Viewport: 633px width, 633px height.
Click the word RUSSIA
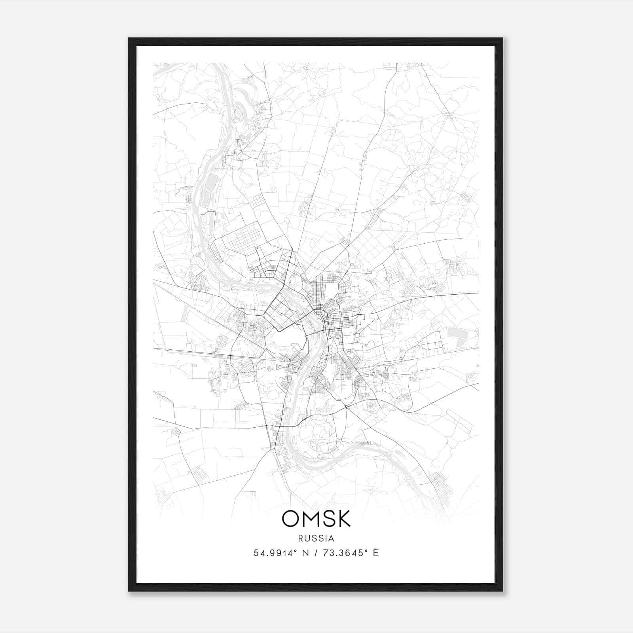[316, 538]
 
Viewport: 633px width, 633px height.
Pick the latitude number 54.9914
[272, 553]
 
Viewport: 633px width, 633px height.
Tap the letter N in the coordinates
[304, 553]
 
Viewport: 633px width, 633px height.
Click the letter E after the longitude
[376, 553]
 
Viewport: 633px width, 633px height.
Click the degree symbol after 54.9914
[295, 551]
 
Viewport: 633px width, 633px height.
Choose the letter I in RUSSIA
[326, 538]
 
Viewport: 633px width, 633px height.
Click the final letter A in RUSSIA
[332, 538]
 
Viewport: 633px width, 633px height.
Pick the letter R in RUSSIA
[301, 538]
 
